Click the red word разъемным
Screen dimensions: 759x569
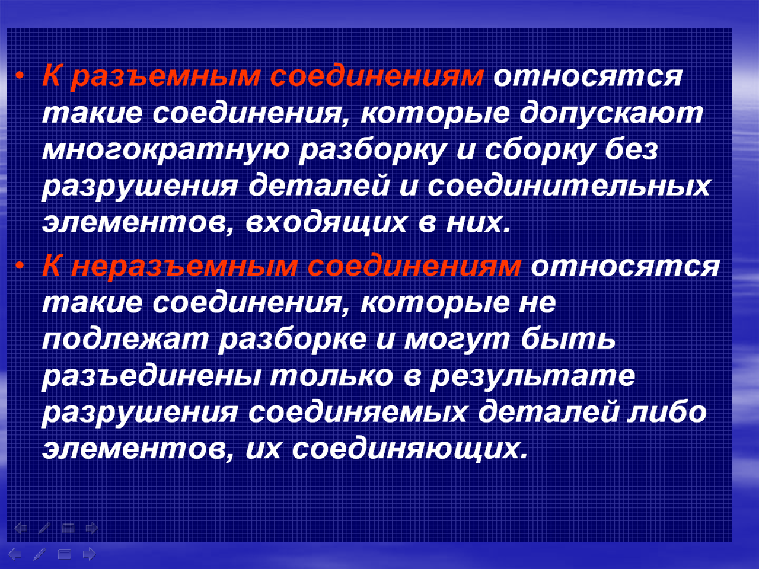click(165, 78)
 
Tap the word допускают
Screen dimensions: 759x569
click(611, 114)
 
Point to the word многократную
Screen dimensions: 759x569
click(165, 151)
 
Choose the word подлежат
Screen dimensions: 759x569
click(125, 340)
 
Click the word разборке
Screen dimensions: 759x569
click(292, 340)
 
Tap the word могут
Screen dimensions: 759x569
click(457, 340)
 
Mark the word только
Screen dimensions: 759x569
click(331, 376)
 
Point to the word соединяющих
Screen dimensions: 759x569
click(409, 450)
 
